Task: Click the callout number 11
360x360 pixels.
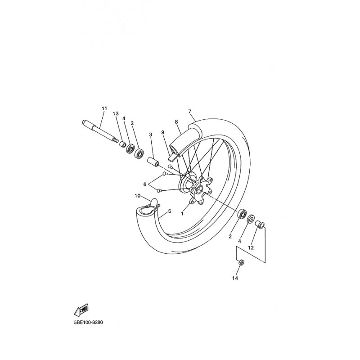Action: [104, 108]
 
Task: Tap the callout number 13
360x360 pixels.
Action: [116, 113]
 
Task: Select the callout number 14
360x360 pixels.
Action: [235, 278]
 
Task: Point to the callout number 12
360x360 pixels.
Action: [251, 248]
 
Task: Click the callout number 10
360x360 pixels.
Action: [137, 196]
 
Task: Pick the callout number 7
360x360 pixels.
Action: [189, 112]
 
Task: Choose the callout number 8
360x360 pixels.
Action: [176, 121]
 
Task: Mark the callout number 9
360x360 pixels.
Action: [163, 132]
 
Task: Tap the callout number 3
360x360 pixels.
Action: [151, 135]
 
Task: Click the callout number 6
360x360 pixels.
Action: [144, 184]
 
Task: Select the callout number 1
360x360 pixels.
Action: [182, 213]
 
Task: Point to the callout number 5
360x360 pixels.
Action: [170, 211]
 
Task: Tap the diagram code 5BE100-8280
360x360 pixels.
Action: [88, 322]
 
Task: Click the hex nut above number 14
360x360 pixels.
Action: [241, 262]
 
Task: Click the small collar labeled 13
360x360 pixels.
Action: [122, 144]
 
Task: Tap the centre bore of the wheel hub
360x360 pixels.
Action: [199, 190]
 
